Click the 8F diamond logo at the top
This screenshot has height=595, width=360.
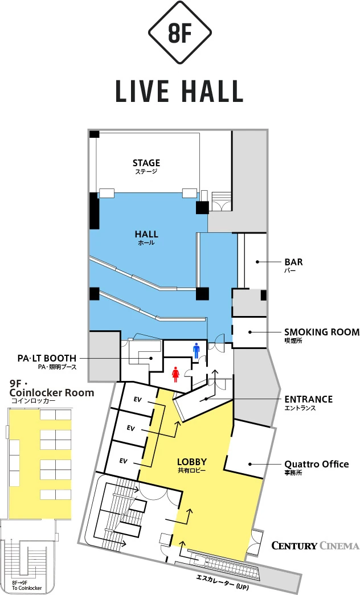tap(179, 32)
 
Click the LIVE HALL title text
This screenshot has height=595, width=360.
tap(179, 91)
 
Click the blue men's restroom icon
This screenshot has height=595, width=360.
tap(197, 351)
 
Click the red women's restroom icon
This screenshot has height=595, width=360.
tap(175, 374)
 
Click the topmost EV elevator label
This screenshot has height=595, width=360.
tap(137, 400)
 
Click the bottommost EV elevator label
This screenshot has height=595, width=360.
tap(123, 461)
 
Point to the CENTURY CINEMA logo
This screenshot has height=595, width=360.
tap(315, 545)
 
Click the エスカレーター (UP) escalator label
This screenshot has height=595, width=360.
tap(223, 582)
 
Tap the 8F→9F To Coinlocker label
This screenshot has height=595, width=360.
tap(27, 585)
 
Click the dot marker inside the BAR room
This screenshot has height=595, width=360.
tap(257, 262)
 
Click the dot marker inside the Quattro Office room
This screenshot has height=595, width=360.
tap(250, 463)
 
